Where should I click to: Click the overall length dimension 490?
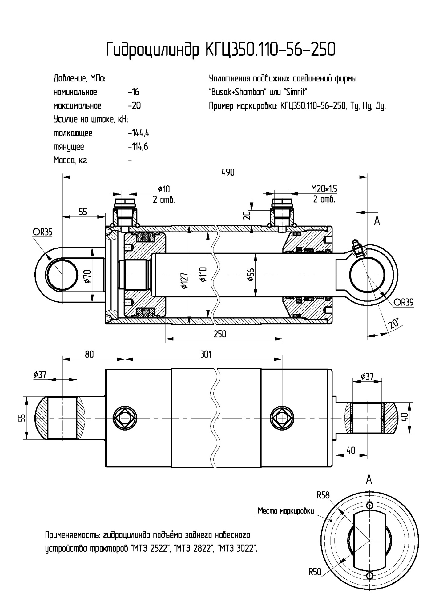tap(228, 173)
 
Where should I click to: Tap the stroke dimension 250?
tap(220, 334)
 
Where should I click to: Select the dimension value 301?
tap(206, 355)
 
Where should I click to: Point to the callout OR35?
tap(42, 232)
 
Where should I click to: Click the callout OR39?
tap(403, 302)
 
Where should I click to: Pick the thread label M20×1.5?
tap(324, 189)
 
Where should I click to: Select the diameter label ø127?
tap(184, 280)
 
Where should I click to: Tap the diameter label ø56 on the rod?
tap(251, 274)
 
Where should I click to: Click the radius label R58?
tap(323, 495)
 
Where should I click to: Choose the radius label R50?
tap(315, 572)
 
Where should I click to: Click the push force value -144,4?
tap(139, 133)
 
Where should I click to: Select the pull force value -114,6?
tap(138, 147)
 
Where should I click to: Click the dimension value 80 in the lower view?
tap(89, 355)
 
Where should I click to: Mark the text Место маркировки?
tap(286, 511)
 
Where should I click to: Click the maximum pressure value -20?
tap(135, 106)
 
